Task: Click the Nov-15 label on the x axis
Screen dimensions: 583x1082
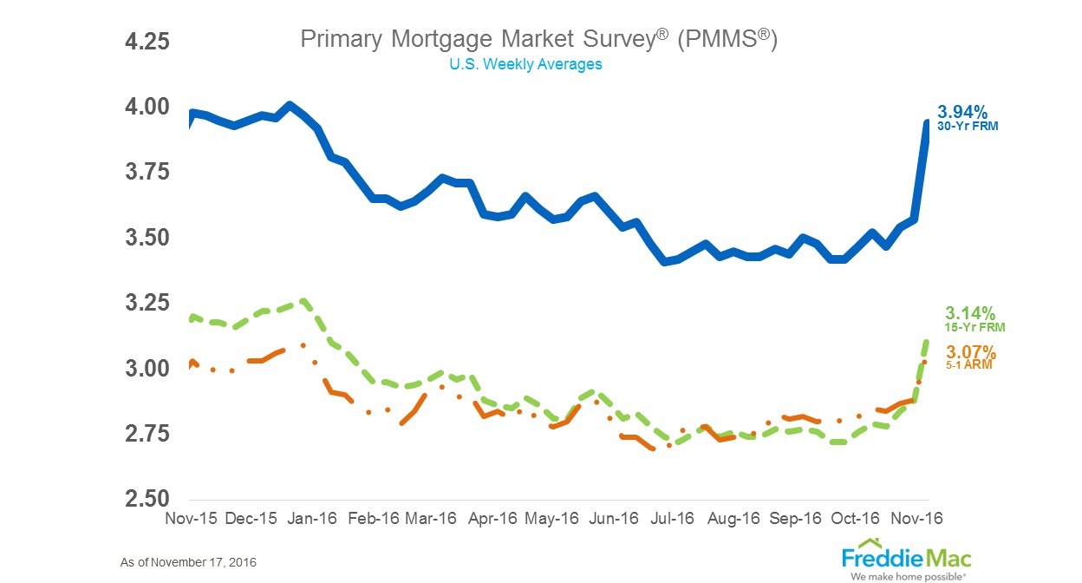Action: (189, 518)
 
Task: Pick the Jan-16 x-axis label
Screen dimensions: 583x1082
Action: (310, 518)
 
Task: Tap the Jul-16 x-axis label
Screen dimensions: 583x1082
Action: (672, 518)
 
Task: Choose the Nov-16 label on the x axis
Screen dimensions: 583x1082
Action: (916, 518)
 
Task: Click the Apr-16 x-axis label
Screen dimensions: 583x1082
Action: (492, 518)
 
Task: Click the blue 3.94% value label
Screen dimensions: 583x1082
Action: (961, 112)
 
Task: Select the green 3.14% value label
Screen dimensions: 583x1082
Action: (969, 313)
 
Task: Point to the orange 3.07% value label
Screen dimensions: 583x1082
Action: (970, 352)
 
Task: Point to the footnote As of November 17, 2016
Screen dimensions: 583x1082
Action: (188, 563)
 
